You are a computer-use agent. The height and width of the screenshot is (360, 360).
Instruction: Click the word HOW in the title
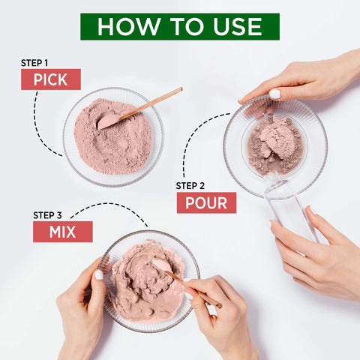tap(123, 26)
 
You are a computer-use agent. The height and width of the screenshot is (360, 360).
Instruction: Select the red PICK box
tap(50, 79)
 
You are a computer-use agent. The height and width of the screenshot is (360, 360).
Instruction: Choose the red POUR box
tap(206, 202)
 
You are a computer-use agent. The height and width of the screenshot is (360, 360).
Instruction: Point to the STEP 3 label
tap(49, 214)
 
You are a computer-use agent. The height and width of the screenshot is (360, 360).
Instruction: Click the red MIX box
tap(62, 232)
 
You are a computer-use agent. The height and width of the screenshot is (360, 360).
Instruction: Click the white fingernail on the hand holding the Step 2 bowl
tap(274, 94)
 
